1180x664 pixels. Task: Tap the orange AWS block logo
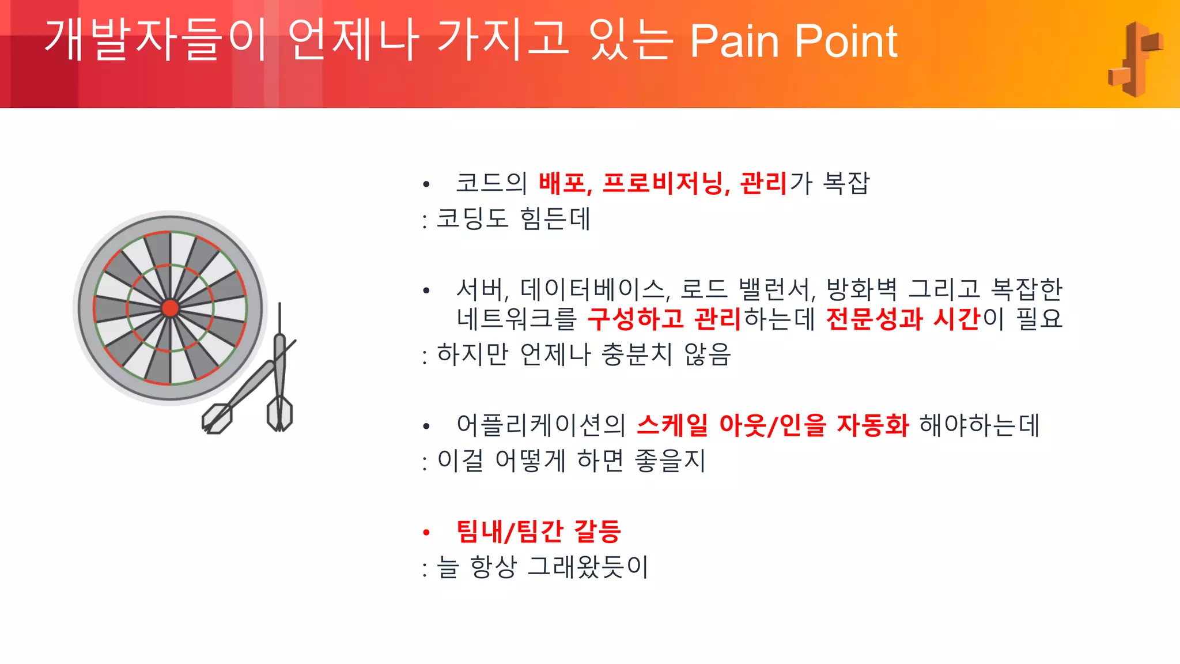1134,59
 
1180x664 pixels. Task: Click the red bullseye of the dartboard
170,308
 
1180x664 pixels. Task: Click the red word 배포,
565,183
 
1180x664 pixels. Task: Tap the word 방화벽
861,289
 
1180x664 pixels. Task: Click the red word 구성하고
636,319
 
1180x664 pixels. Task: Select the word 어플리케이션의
541,425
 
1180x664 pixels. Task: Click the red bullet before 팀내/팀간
426,532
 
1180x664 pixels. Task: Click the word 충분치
637,354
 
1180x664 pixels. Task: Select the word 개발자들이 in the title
156,40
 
